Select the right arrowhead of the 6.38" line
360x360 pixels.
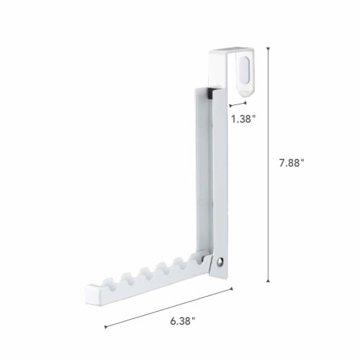point(232,289)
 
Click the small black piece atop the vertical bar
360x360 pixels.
point(207,92)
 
